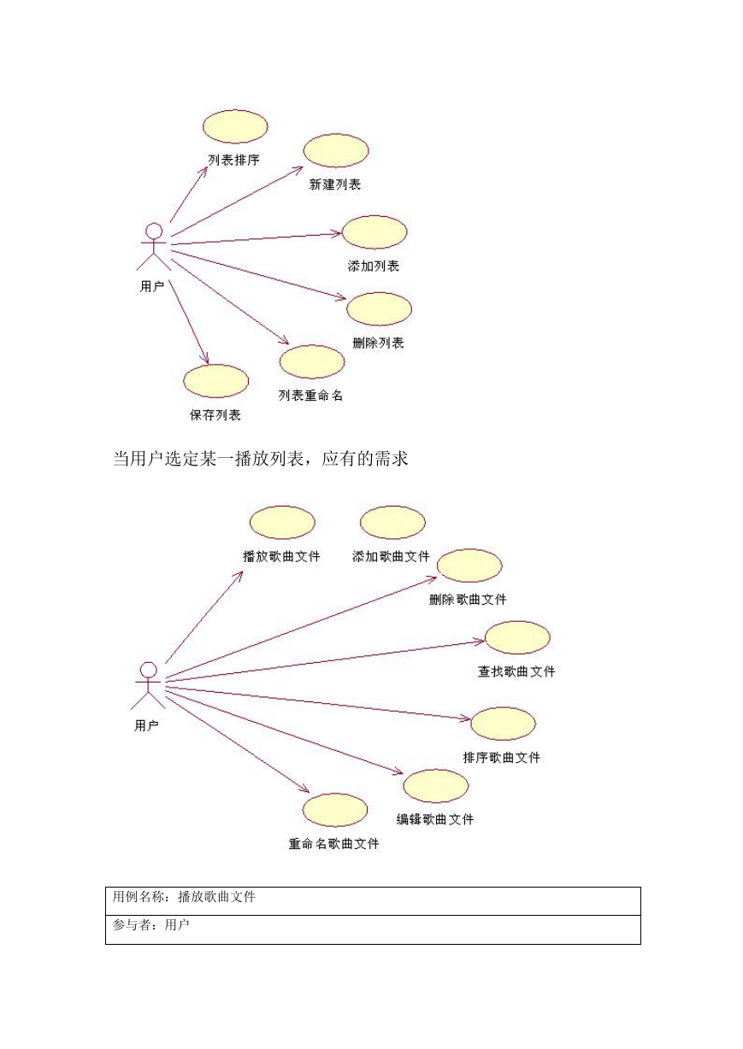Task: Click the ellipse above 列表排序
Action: [x=235, y=126]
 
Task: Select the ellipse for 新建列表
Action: [x=336, y=151]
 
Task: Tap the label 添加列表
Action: [x=373, y=266]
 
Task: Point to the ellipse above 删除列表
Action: [x=379, y=309]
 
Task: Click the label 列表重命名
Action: [x=310, y=396]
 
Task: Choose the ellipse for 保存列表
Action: [x=215, y=381]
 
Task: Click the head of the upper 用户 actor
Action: [x=154, y=231]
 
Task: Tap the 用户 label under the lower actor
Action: [x=146, y=725]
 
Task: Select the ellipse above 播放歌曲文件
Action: [x=282, y=523]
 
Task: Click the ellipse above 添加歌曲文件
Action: [x=392, y=523]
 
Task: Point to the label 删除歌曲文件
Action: [x=468, y=600]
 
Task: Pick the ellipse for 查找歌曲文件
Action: [x=517, y=637]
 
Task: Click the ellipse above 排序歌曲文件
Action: [x=503, y=724]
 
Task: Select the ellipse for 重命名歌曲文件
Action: [x=334, y=810]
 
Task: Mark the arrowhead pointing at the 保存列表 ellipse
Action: [x=205, y=359]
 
